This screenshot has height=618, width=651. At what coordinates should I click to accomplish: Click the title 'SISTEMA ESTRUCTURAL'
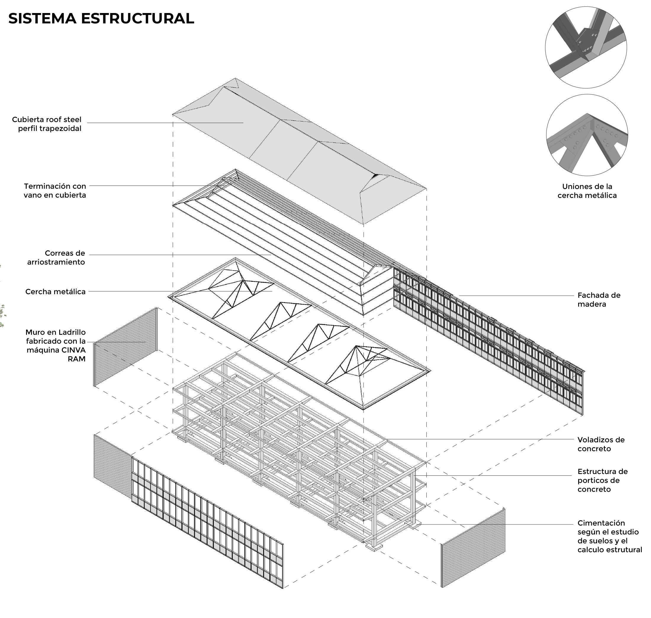click(101, 19)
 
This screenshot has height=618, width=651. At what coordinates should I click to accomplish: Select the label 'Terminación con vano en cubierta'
click(55, 190)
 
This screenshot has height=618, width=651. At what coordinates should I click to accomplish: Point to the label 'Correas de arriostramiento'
click(56, 258)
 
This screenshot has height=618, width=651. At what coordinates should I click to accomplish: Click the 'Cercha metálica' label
click(55, 292)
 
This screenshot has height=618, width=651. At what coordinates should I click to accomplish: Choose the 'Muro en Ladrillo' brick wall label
click(56, 345)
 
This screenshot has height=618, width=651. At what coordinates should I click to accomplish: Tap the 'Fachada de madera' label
click(599, 300)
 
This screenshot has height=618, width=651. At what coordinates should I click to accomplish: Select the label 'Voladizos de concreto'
click(601, 444)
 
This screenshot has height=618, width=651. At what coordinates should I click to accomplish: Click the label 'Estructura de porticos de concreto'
click(602, 480)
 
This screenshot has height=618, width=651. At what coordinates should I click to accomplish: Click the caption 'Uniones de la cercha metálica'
click(587, 191)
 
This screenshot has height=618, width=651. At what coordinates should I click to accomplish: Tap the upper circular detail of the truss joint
click(586, 47)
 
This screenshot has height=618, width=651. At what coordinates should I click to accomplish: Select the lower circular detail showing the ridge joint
click(587, 135)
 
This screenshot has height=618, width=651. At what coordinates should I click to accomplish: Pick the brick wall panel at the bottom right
click(473, 547)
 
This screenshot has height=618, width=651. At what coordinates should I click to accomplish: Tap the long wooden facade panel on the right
click(487, 339)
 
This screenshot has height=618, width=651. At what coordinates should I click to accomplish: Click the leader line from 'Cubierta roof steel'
click(165, 123)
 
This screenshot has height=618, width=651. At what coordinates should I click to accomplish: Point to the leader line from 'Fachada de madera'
click(517, 295)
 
